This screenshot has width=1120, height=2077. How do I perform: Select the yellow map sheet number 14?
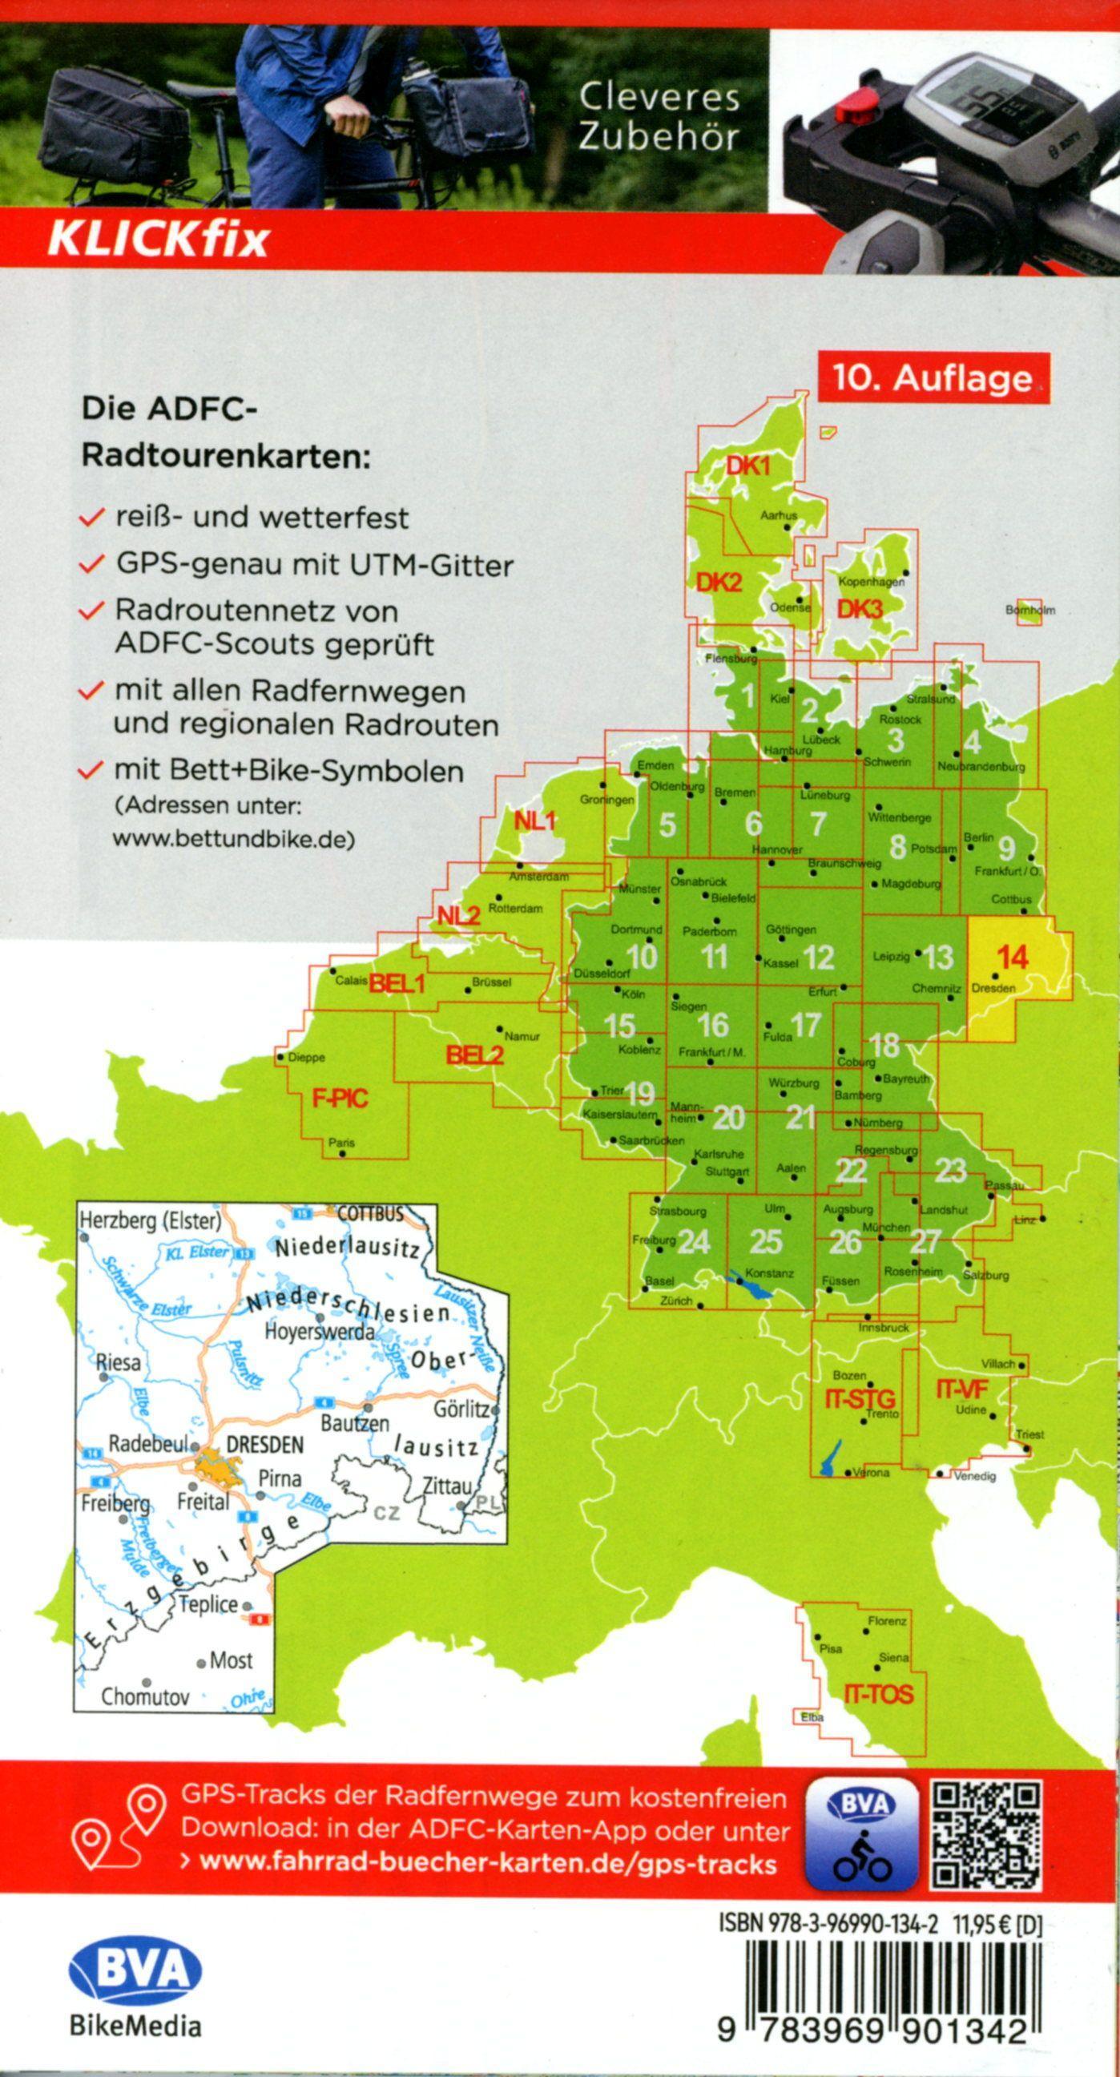pyautogui.click(x=1012, y=957)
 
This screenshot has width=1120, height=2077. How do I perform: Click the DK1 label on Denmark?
pyautogui.click(x=748, y=466)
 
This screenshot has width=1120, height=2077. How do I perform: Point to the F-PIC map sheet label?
pyautogui.click(x=340, y=1097)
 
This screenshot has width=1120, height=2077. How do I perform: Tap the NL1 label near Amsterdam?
pyautogui.click(x=535, y=821)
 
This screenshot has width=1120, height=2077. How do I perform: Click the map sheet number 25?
pyautogui.click(x=765, y=1242)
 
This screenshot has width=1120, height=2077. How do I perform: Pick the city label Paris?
pyautogui.click(x=341, y=1143)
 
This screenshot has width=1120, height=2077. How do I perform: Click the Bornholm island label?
pyautogui.click(x=1029, y=611)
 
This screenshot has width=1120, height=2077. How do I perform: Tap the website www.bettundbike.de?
pyautogui.click(x=233, y=838)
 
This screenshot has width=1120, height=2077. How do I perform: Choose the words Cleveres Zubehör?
pyautogui.click(x=659, y=118)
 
